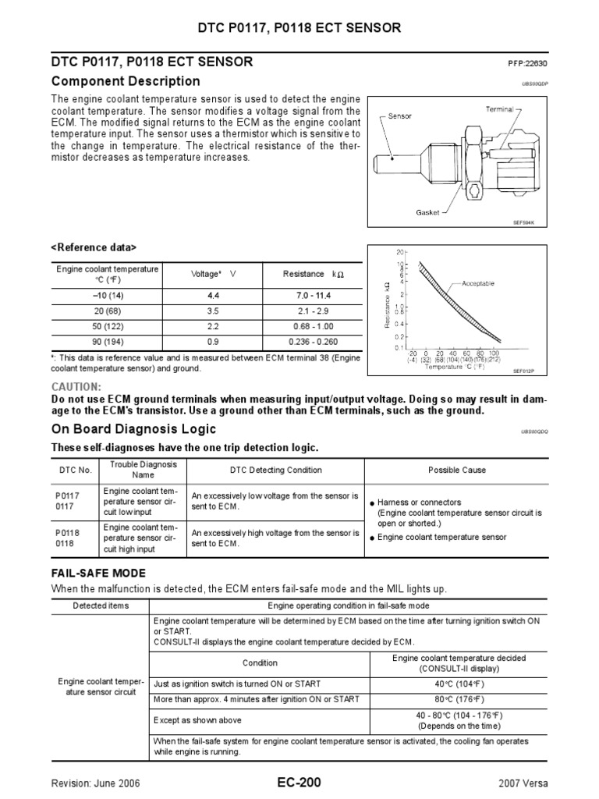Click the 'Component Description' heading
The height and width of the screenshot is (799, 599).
click(126, 81)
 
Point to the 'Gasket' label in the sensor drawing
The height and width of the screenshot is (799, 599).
click(429, 212)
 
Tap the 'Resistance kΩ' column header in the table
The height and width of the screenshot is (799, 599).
click(310, 274)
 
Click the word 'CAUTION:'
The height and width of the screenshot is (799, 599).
click(76, 387)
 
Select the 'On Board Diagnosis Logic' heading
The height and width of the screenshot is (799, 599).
click(133, 429)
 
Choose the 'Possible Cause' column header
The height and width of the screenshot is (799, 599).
click(456, 470)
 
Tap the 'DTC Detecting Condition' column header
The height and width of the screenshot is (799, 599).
click(275, 470)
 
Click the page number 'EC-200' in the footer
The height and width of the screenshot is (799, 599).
click(299, 782)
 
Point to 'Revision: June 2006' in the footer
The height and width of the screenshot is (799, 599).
click(96, 783)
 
